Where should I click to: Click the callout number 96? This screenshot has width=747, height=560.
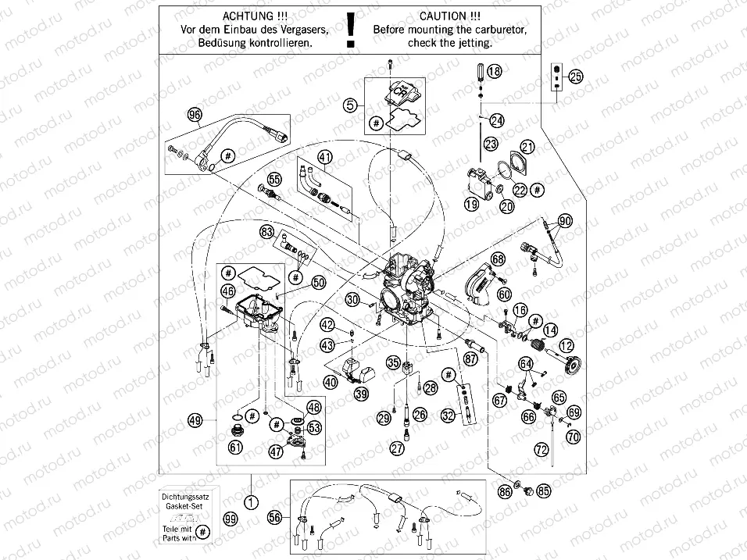195,114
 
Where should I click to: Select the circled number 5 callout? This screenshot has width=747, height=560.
351,103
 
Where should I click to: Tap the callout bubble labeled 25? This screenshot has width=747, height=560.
575,77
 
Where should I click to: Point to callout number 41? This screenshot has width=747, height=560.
324,155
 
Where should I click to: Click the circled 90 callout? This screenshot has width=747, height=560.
564,221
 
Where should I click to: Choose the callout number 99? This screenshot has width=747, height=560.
229,519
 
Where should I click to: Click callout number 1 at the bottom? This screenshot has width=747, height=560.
250,502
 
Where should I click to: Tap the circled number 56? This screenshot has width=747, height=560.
273,517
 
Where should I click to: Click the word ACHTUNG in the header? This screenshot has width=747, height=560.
248,15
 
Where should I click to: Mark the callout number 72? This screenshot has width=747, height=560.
540,449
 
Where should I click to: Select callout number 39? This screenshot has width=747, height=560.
361,394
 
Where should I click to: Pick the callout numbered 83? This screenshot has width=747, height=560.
267,232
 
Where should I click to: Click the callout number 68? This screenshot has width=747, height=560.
498,259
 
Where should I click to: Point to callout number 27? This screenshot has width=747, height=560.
397,448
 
